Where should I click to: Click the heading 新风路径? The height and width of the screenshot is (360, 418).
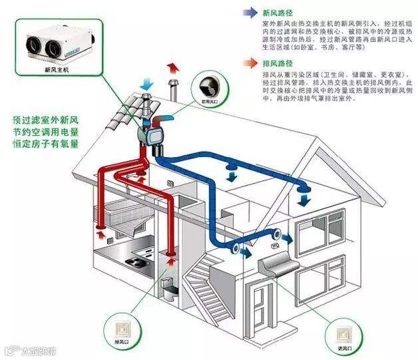[x=278, y=12]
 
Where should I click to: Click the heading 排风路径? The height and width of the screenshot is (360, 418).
[x=278, y=65]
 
